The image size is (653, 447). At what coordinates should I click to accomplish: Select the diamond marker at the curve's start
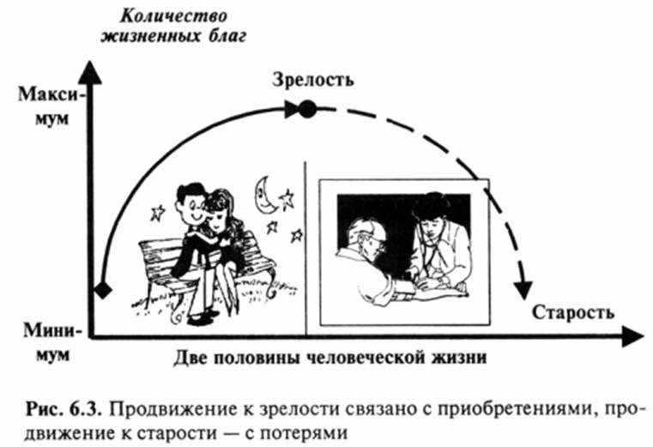(102, 290)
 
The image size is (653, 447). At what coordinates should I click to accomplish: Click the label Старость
(573, 311)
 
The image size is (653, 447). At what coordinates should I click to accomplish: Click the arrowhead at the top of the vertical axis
(96, 71)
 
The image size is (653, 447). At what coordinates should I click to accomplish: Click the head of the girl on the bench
(221, 207)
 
